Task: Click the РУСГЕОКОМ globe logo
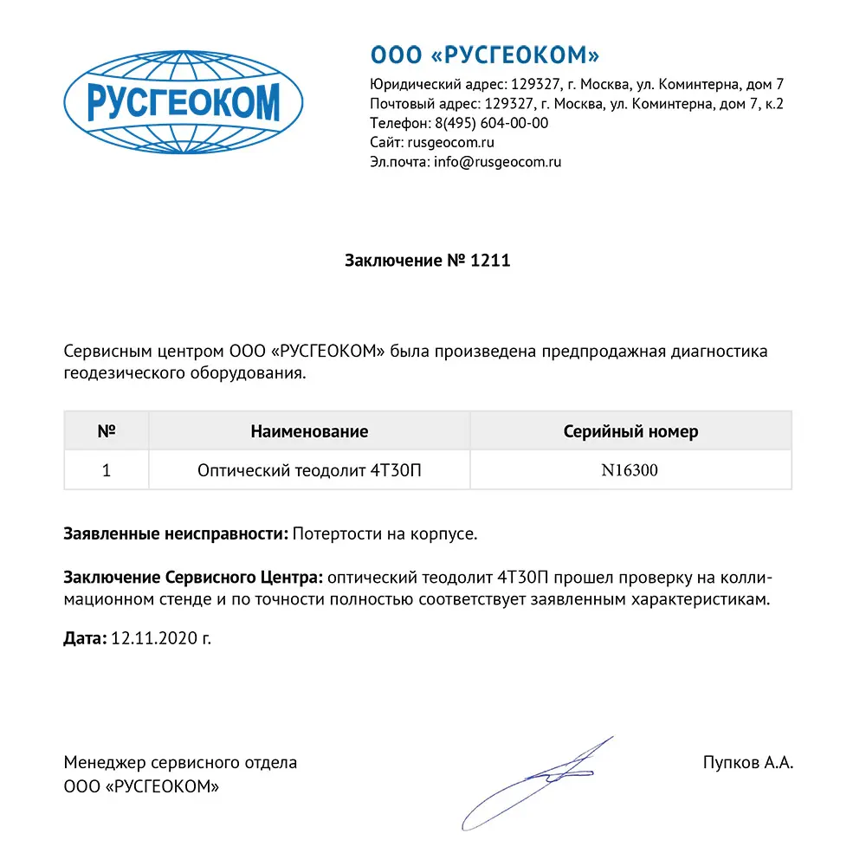click(x=184, y=103)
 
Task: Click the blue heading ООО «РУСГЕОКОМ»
click(x=485, y=55)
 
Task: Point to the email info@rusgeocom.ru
click(x=497, y=161)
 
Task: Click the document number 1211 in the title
click(x=489, y=260)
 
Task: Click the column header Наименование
click(x=309, y=431)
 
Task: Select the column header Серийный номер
click(x=630, y=431)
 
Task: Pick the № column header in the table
click(x=107, y=431)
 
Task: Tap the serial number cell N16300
click(x=630, y=470)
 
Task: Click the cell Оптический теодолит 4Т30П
click(x=309, y=470)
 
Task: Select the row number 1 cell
click(x=107, y=470)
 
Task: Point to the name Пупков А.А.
click(x=748, y=763)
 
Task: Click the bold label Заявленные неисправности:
click(x=176, y=534)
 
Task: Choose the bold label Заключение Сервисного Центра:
click(x=194, y=578)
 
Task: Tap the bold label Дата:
click(x=85, y=638)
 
